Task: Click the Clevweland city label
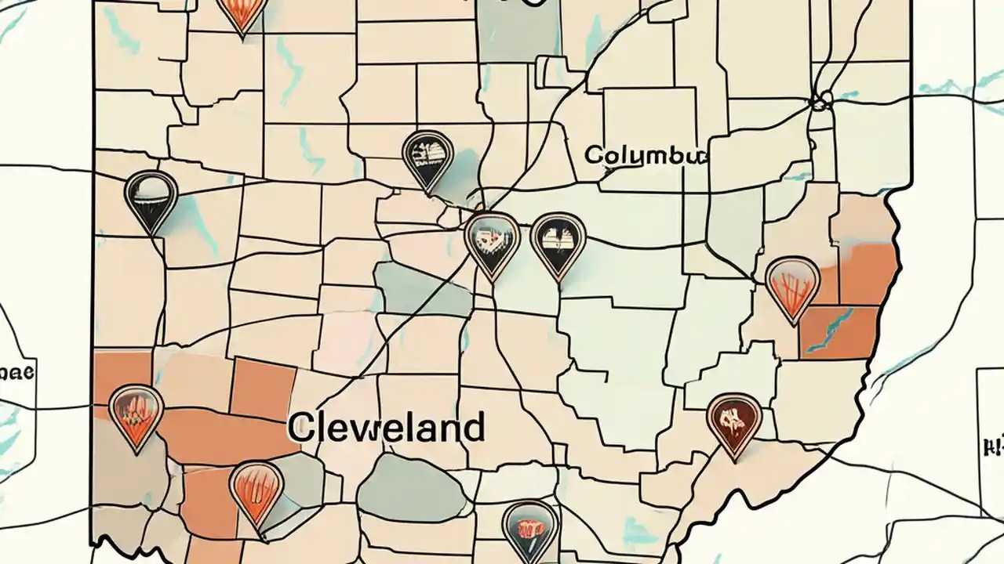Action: click(x=385, y=428)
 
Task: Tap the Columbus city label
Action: click(x=646, y=154)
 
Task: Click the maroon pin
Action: click(x=734, y=421)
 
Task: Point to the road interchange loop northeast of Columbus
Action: click(x=820, y=101)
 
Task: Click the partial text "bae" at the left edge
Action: click(x=16, y=371)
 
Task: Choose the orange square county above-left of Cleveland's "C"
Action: click(x=263, y=387)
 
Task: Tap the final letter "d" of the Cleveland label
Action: click(x=473, y=428)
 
